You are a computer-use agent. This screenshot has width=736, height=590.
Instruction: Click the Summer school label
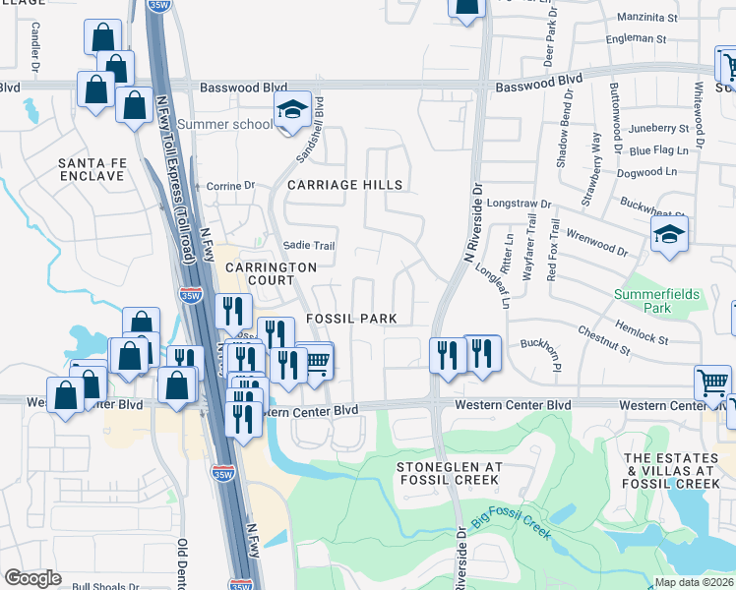(x=225, y=124)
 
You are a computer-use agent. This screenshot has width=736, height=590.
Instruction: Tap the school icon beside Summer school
(x=292, y=110)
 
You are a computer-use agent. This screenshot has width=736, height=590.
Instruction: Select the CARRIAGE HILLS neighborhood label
(x=345, y=185)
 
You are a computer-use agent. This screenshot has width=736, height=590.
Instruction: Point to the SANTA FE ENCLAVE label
(x=92, y=169)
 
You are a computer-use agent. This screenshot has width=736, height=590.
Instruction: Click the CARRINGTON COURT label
(x=271, y=273)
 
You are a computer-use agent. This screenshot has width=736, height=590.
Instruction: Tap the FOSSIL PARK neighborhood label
(x=351, y=319)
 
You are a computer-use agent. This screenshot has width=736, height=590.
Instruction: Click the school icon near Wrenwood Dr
(x=669, y=235)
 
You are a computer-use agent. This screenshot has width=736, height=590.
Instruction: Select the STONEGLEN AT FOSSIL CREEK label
(x=449, y=472)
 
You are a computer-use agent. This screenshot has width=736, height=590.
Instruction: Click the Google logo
(x=32, y=577)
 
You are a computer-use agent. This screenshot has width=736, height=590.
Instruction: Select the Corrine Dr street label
(x=230, y=185)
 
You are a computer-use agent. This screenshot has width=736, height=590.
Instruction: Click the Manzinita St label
(x=647, y=18)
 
